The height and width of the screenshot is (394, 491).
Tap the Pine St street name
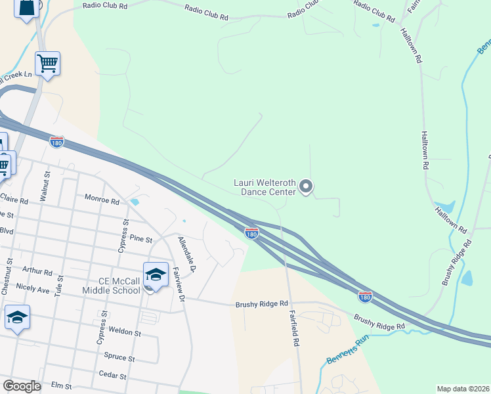[140, 238]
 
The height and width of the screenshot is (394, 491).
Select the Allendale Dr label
[186, 254]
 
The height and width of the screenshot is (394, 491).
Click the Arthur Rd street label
[37, 271]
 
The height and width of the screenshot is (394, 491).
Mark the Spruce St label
[119, 359]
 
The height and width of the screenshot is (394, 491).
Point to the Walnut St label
[46, 186]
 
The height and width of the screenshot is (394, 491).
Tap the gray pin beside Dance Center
[306, 187]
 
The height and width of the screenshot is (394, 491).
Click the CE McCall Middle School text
[111, 286]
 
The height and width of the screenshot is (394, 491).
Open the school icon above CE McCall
[156, 274]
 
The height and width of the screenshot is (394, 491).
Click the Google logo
[22, 386]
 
